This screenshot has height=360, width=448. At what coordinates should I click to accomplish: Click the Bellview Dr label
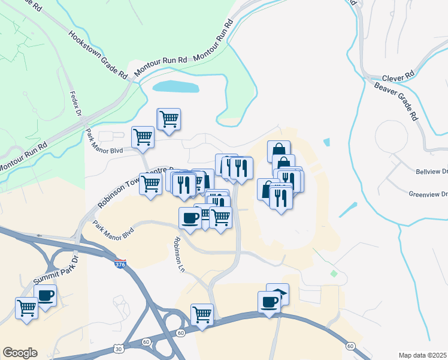tap(431, 172)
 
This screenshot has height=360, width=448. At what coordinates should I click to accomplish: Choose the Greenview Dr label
tap(428, 194)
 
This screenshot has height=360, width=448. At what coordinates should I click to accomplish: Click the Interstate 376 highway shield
tap(120, 264)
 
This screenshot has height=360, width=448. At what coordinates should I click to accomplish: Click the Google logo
tap(20, 353)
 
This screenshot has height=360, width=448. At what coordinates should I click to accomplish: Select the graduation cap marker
tap(278, 293)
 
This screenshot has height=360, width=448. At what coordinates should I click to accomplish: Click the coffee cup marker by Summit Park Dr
tap(46, 295)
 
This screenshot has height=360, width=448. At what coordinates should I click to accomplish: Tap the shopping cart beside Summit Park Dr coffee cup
tap(27, 308)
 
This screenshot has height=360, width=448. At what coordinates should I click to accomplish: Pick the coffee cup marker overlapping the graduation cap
tap(269, 301)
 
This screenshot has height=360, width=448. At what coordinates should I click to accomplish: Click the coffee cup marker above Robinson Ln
tap(190, 217)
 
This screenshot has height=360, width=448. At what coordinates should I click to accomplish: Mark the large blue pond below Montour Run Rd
tap(175, 86)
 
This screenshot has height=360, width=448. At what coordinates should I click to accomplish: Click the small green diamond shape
tap(334, 274)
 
